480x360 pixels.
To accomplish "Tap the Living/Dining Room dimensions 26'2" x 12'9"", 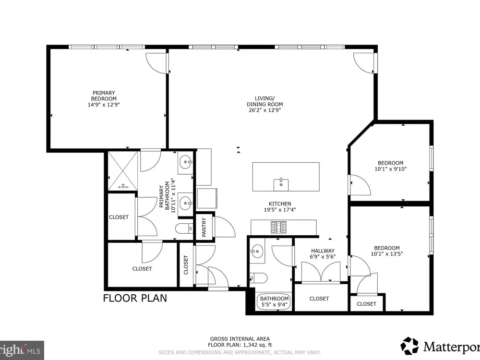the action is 265,110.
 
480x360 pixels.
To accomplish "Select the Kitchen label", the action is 280,204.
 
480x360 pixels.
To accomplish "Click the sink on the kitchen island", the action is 281,185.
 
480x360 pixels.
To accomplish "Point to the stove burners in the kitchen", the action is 278,227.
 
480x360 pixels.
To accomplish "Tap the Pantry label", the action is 204,227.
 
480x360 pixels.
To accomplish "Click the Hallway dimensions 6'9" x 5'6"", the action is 323,256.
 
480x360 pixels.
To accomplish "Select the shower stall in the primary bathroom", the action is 122,170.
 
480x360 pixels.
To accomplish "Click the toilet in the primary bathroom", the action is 184,228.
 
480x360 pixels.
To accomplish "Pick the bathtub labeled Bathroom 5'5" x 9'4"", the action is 274,302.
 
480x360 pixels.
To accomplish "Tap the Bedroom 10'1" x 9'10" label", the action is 391,166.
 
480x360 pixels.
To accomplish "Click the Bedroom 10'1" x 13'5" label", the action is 387,251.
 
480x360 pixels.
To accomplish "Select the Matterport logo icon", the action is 409,346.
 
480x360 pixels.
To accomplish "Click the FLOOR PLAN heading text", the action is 135,298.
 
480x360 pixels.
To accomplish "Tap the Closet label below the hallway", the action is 319,299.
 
